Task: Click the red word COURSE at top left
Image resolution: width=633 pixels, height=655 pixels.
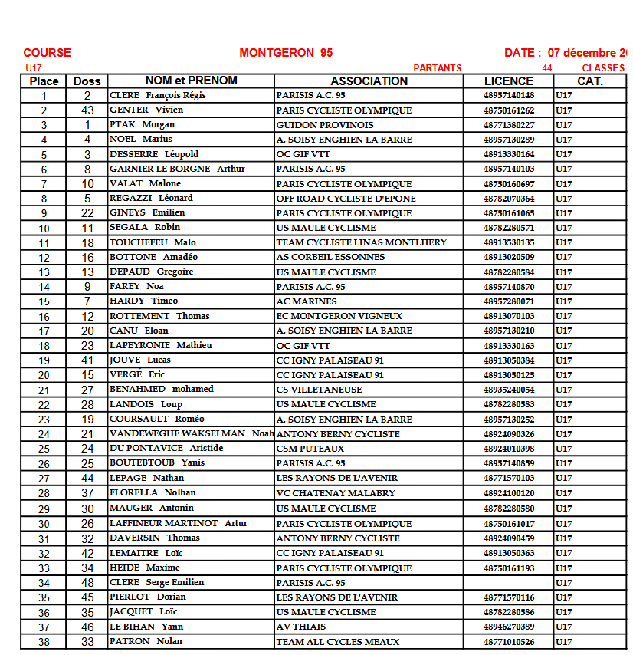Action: pyautogui.click(x=47, y=53)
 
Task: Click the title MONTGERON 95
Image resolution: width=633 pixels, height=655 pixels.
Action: pyautogui.click(x=286, y=53)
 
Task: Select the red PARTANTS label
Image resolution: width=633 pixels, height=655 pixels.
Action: pyautogui.click(x=437, y=68)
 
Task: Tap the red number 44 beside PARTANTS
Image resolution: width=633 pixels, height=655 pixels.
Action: pyautogui.click(x=546, y=68)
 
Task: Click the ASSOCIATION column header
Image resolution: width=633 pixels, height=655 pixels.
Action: pyautogui.click(x=369, y=81)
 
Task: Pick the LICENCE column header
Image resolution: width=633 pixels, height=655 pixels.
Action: pyautogui.click(x=508, y=81)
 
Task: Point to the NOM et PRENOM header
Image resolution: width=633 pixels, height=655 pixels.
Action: pyautogui.click(x=191, y=81)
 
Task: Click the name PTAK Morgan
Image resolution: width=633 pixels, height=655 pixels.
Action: pyautogui.click(x=142, y=124)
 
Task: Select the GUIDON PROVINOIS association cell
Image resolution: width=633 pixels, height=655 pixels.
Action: pyautogui.click(x=325, y=125)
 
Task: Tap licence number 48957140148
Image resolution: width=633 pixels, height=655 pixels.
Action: pyautogui.click(x=509, y=96)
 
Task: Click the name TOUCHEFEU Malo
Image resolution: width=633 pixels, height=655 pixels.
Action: pyautogui.click(x=153, y=242)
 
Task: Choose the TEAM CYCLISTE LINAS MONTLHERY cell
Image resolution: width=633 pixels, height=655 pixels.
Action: pyautogui.click(x=361, y=242)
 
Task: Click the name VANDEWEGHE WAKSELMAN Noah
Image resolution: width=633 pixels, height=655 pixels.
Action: pyautogui.click(x=191, y=433)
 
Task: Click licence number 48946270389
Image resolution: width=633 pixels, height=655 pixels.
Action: pyautogui.click(x=509, y=627)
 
